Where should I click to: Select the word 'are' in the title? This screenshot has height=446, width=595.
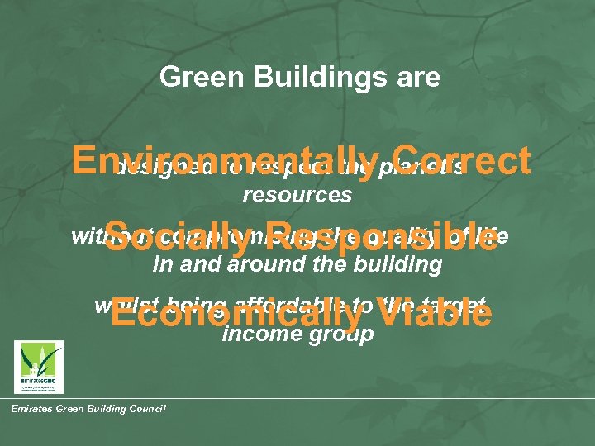click(417, 78)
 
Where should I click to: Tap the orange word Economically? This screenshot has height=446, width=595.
click(236, 315)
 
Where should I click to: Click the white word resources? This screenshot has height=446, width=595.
click(297, 197)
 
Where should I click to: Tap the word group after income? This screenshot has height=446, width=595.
click(339, 334)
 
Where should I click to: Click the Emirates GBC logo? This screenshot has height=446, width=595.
click(38, 365)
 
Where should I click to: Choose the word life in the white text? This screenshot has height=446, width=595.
click(493, 236)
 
